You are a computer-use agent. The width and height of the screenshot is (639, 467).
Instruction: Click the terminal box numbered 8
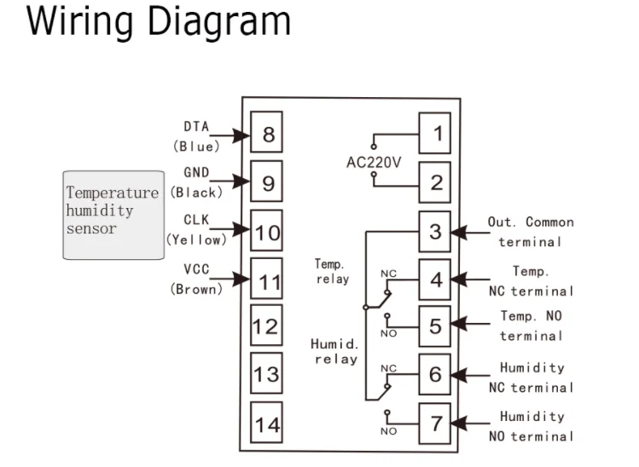click(267, 135)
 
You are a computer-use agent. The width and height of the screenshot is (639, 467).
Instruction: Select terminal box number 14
click(267, 424)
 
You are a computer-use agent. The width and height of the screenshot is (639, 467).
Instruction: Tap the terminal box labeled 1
click(435, 134)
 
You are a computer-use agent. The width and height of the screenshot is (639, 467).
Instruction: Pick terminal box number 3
click(435, 231)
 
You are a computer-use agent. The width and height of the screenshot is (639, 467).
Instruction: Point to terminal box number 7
click(435, 422)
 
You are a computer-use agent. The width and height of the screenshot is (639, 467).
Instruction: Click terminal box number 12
click(267, 326)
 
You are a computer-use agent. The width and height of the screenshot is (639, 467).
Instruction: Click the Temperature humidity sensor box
click(113, 214)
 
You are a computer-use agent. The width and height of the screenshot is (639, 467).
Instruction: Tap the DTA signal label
click(196, 126)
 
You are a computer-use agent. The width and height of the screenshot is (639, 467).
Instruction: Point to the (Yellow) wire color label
click(197, 240)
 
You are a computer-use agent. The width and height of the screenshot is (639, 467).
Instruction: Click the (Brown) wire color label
click(197, 289)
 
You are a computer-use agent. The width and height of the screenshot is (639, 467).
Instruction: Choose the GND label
click(196, 173)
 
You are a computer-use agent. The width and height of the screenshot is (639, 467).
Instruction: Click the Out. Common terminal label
click(531, 232)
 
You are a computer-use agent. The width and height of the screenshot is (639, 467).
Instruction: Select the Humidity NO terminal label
click(531, 426)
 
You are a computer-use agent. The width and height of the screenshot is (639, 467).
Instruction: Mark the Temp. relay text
click(332, 272)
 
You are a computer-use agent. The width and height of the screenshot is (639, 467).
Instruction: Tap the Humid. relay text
click(335, 351)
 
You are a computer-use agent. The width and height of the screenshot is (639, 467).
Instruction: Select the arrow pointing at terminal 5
click(461, 324)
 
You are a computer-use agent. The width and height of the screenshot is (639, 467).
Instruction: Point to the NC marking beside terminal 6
click(388, 368)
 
